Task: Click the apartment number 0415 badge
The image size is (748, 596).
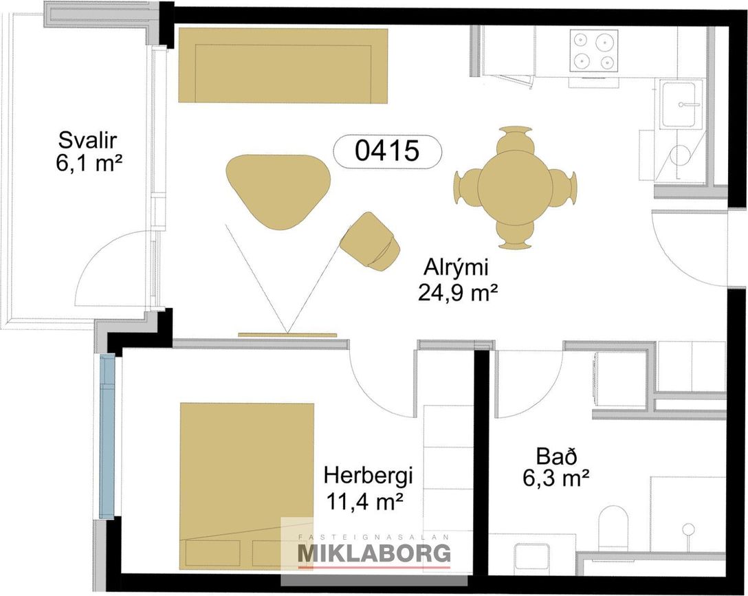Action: click(x=387, y=151)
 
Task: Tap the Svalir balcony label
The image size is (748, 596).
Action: click(x=88, y=141)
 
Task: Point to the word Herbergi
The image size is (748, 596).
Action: click(x=368, y=477)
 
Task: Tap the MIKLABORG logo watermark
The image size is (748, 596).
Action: click(x=374, y=553)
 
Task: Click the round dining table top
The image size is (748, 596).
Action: click(x=515, y=187)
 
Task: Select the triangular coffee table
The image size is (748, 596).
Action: click(x=278, y=190)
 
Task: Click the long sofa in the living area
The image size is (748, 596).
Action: click(x=283, y=65)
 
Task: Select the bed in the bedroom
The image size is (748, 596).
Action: click(x=247, y=486)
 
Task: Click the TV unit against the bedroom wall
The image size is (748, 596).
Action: click(x=287, y=335)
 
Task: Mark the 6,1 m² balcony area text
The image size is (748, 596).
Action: click(x=89, y=163)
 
